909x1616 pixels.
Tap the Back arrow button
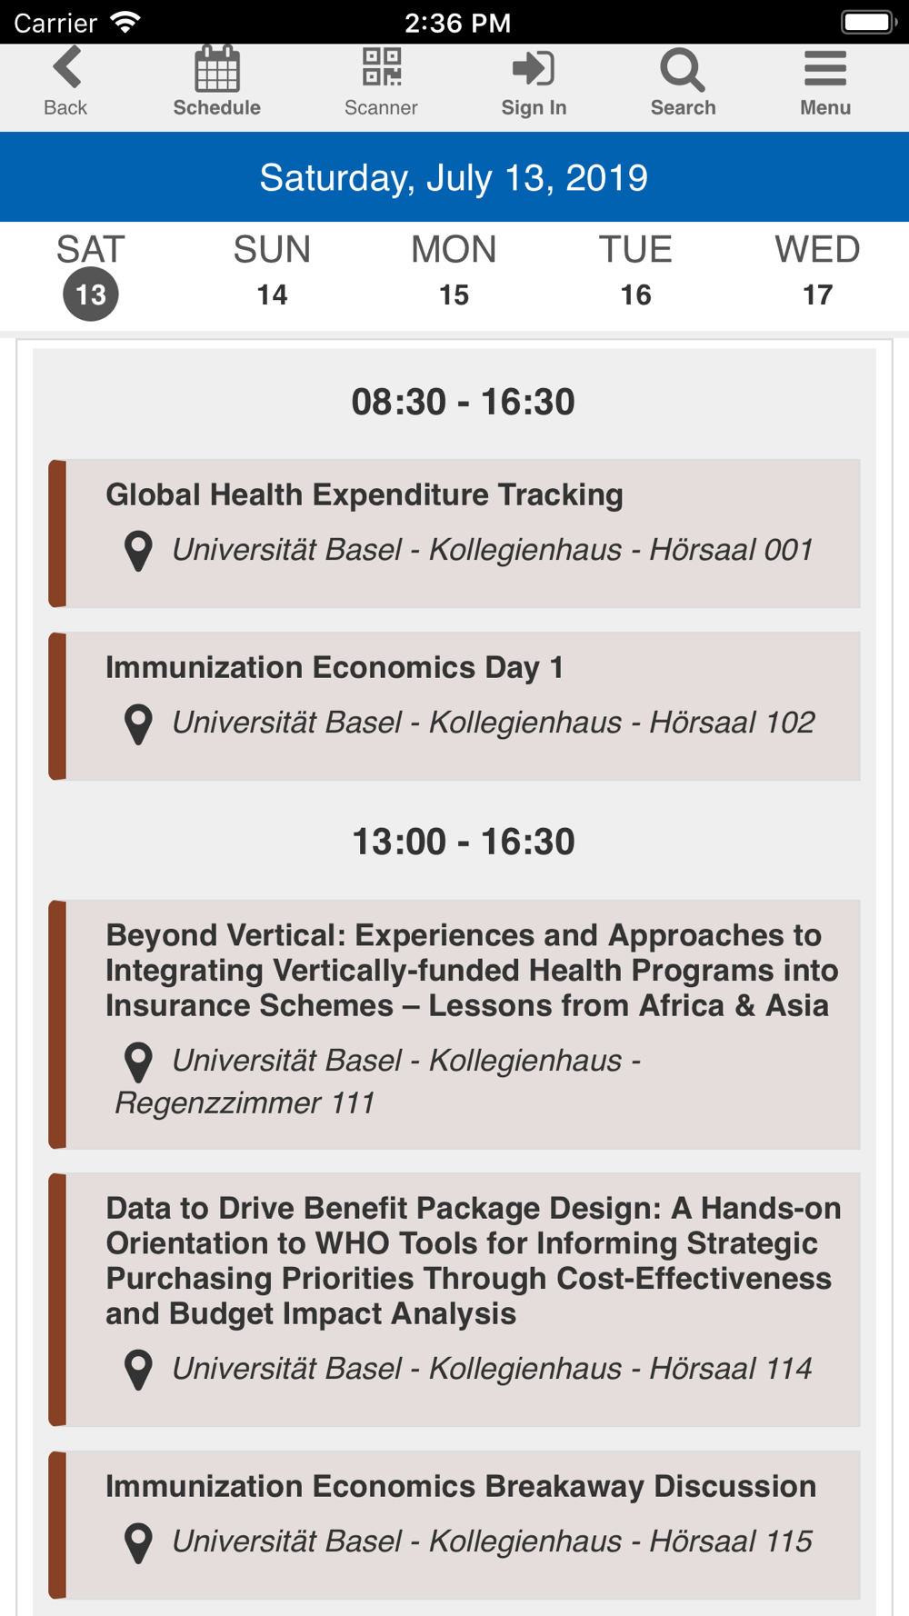point(67,67)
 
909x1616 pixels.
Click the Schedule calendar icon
point(217,68)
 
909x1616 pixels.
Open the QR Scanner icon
point(382,67)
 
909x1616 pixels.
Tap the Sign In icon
point(534,68)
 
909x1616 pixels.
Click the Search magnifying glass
point(683,70)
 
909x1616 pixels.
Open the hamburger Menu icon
point(825,68)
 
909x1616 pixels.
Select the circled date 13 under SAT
point(91,294)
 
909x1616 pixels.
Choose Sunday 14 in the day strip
point(272,271)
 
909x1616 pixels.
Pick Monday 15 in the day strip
point(454,271)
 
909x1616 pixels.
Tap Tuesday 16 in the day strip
point(635,271)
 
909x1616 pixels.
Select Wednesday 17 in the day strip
point(817,271)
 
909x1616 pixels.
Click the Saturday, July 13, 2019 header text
point(454,177)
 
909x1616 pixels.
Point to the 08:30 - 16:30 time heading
point(464,402)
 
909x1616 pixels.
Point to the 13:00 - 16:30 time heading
point(464,842)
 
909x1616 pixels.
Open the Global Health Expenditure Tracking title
point(365,495)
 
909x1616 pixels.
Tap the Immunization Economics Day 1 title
point(335,668)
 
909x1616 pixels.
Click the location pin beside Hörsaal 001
point(138,551)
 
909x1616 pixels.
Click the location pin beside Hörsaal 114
point(138,1370)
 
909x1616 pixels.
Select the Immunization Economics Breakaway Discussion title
point(461,1486)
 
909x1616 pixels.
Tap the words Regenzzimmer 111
point(245,1103)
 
